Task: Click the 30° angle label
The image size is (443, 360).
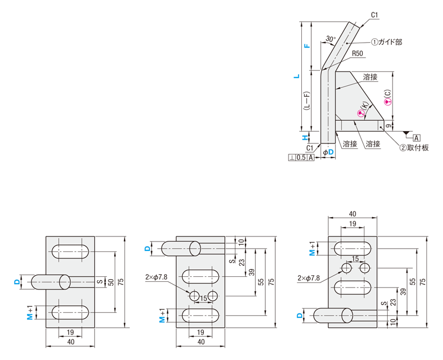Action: coord(331,39)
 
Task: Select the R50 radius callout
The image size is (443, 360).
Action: coord(357,54)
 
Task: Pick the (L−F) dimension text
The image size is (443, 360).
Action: coord(307,101)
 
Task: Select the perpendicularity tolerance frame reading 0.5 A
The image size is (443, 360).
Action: coord(302,158)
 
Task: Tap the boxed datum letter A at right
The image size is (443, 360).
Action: coord(416,137)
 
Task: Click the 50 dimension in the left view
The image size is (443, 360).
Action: coord(110,282)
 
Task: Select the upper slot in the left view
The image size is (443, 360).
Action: coord(71,251)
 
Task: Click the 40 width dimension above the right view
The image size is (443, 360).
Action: coord(353,214)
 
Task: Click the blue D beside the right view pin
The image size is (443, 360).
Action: coord(300,316)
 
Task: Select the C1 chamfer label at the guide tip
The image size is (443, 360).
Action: coord(374,15)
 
